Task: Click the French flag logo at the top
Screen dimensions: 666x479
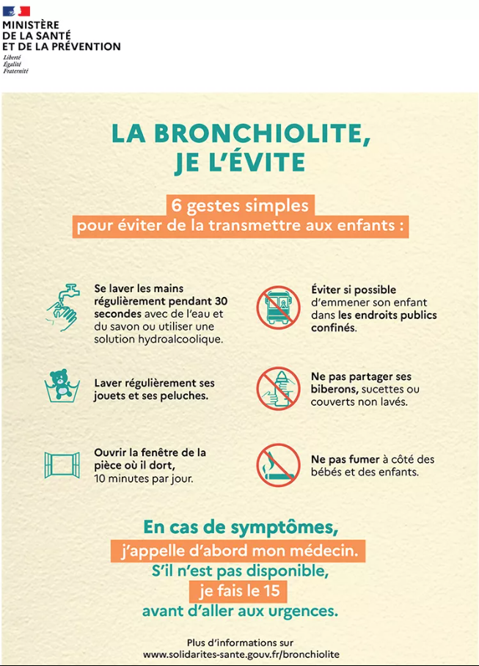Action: pyautogui.click(x=16, y=11)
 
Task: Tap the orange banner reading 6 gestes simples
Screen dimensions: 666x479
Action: pyautogui.click(x=240, y=205)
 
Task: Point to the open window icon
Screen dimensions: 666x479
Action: pyautogui.click(x=61, y=464)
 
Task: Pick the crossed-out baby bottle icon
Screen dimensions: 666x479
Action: pyautogui.click(x=278, y=387)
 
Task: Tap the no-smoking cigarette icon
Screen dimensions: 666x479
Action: pyautogui.click(x=278, y=465)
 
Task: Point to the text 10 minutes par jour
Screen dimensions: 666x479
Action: pyautogui.click(x=144, y=479)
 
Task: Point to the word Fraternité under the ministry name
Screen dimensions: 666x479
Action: pyautogui.click(x=15, y=71)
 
